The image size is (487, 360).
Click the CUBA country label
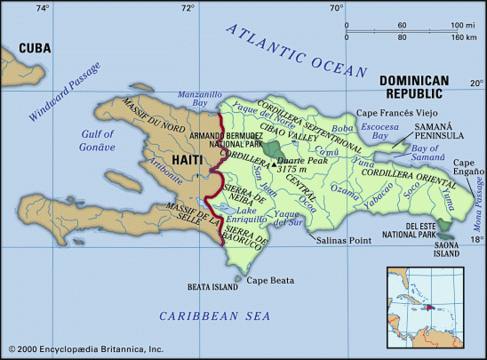pos(34,49)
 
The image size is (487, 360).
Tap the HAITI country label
pos(187,159)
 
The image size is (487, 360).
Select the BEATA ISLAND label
pos(213,287)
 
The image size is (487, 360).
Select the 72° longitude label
pos(188,8)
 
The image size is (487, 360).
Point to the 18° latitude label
pos(476,239)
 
